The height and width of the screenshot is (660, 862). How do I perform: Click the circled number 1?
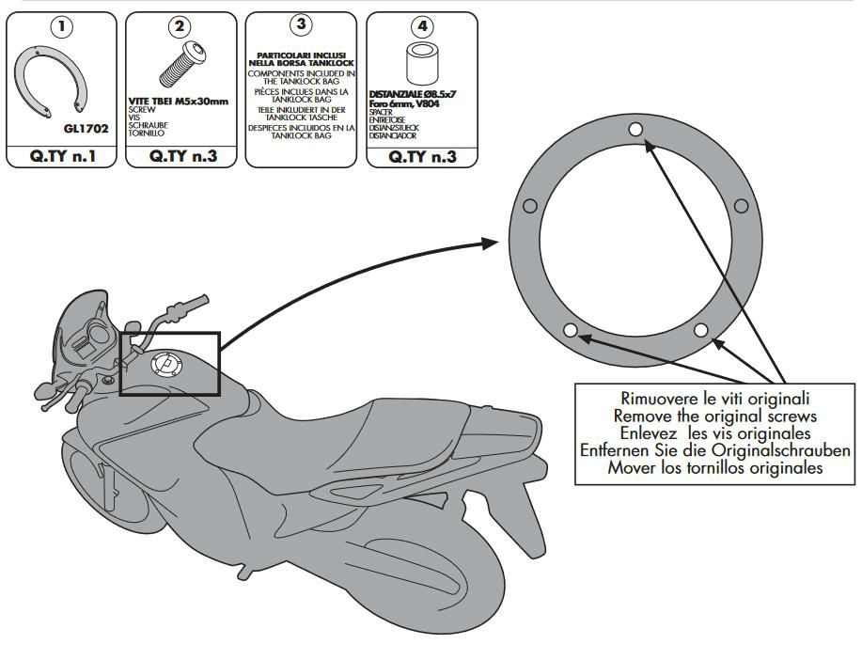(x=62, y=25)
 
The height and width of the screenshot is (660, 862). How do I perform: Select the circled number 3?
(x=301, y=24)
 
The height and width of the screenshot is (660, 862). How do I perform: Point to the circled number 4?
(x=421, y=25)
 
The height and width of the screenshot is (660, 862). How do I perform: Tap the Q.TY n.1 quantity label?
(x=62, y=156)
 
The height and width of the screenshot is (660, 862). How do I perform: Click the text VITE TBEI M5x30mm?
(x=179, y=101)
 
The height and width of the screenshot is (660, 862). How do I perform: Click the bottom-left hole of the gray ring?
(x=570, y=330)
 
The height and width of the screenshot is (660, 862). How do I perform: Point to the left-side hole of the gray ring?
(x=529, y=206)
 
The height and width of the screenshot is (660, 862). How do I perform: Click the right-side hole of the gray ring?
(x=741, y=206)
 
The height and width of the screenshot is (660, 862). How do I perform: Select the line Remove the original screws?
(x=715, y=416)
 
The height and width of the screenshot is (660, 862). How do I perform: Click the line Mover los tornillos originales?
(x=715, y=467)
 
